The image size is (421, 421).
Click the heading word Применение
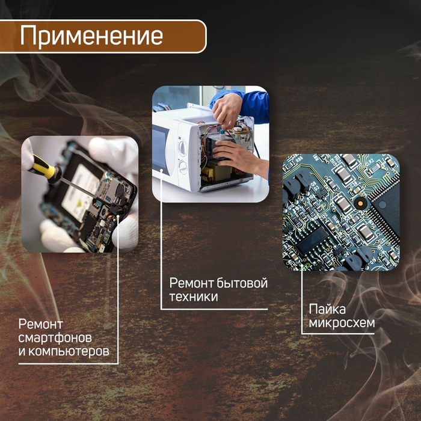click(x=91, y=35)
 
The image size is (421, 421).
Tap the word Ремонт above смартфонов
click(x=41, y=325)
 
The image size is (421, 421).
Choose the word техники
click(x=193, y=297)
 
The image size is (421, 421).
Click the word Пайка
click(x=327, y=310)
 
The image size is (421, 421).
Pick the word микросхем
click(x=342, y=324)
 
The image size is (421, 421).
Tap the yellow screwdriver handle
click(x=42, y=167)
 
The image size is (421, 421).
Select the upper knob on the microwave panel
click(x=182, y=146)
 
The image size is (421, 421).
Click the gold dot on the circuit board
click(x=360, y=204)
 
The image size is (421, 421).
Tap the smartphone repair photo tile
click(x=80, y=194)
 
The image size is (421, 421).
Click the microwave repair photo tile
click(x=210, y=144)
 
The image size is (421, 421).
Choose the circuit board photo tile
click(x=341, y=212)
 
